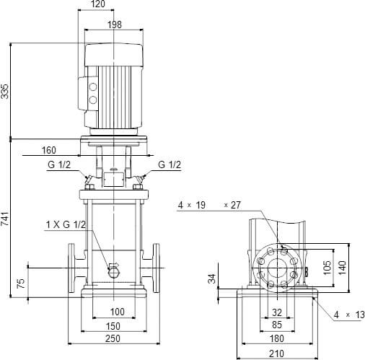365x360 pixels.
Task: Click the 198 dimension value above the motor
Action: coord(115,25)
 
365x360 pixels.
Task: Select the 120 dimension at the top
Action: coord(98,4)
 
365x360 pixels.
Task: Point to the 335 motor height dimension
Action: coord(5,91)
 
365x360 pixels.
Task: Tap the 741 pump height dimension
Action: coord(5,219)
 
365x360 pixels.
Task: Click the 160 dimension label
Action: coord(49,150)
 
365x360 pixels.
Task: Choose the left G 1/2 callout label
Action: coord(59,164)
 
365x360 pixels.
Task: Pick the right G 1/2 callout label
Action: coord(170,164)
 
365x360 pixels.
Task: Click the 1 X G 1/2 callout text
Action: coord(66,224)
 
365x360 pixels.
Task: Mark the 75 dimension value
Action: coord(21,284)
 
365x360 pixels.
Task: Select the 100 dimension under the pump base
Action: coord(118,312)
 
